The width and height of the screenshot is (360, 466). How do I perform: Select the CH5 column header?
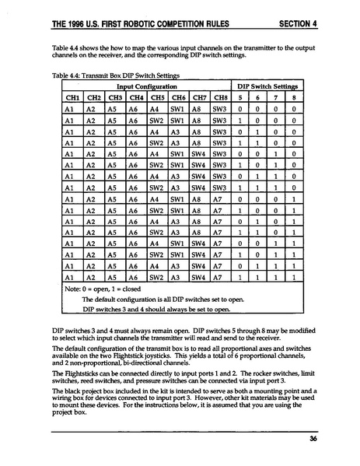pos(156,99)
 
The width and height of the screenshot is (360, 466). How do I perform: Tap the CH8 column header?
pos(219,99)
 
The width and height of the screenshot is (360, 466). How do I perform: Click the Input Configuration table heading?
pos(145,87)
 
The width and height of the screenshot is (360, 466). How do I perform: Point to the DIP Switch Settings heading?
pos(267,87)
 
